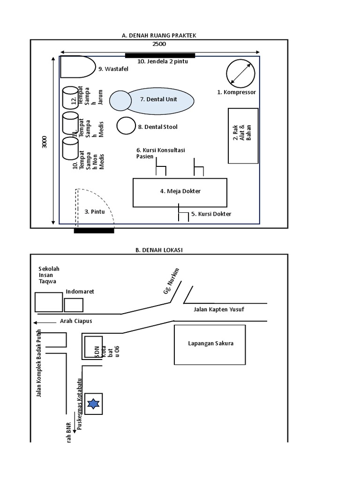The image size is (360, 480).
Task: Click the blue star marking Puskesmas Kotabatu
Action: click(93, 404)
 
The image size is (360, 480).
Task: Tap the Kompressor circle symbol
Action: click(240, 73)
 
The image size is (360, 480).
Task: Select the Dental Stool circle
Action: click(126, 126)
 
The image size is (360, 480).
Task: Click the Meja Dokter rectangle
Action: click(180, 192)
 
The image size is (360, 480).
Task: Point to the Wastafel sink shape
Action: click(77, 67)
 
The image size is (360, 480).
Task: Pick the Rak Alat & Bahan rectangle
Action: click(243, 135)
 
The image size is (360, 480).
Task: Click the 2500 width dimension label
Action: click(159, 44)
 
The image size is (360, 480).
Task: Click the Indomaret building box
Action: click(74, 305)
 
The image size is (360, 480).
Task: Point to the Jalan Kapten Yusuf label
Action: click(219, 309)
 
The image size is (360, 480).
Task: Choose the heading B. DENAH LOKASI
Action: click(159, 250)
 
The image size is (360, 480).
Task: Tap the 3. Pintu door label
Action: click(94, 212)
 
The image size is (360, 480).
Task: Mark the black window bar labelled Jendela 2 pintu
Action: click(160, 55)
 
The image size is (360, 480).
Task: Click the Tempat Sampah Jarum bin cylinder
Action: click(70, 97)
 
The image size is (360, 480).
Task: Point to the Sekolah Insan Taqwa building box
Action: click(49, 302)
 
